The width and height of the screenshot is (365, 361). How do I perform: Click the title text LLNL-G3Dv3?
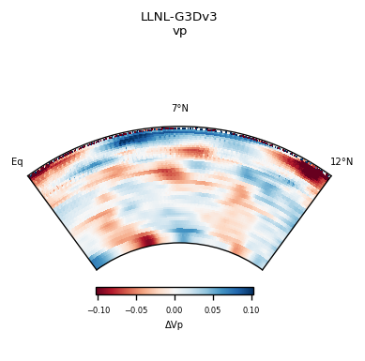(x=179, y=17)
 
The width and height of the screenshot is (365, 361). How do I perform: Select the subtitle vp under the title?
(x=179, y=31)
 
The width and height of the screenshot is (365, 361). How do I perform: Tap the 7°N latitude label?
(x=179, y=109)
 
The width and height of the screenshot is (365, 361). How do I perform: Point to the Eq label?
(x=17, y=162)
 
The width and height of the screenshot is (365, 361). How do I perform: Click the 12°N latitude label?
(x=342, y=162)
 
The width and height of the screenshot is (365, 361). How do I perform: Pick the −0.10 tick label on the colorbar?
(x=99, y=309)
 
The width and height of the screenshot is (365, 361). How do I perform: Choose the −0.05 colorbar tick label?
(x=136, y=309)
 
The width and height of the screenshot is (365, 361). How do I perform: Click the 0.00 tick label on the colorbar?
(x=175, y=309)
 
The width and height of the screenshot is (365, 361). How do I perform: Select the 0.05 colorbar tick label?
(x=213, y=309)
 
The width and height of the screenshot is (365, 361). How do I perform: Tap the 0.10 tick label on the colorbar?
(x=251, y=309)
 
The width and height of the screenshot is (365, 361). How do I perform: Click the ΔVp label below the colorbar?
(x=175, y=324)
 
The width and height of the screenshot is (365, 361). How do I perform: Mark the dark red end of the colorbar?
(x=99, y=292)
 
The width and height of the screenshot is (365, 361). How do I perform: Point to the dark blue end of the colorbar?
(x=251, y=292)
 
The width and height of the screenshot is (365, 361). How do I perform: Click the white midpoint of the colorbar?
(x=175, y=292)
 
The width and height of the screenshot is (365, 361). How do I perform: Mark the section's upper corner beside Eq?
(x=29, y=175)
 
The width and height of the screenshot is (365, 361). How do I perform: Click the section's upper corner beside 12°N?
(x=330, y=175)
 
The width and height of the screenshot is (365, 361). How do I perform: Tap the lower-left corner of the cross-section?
(x=98, y=269)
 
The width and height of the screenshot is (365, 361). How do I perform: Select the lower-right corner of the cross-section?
(x=262, y=269)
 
